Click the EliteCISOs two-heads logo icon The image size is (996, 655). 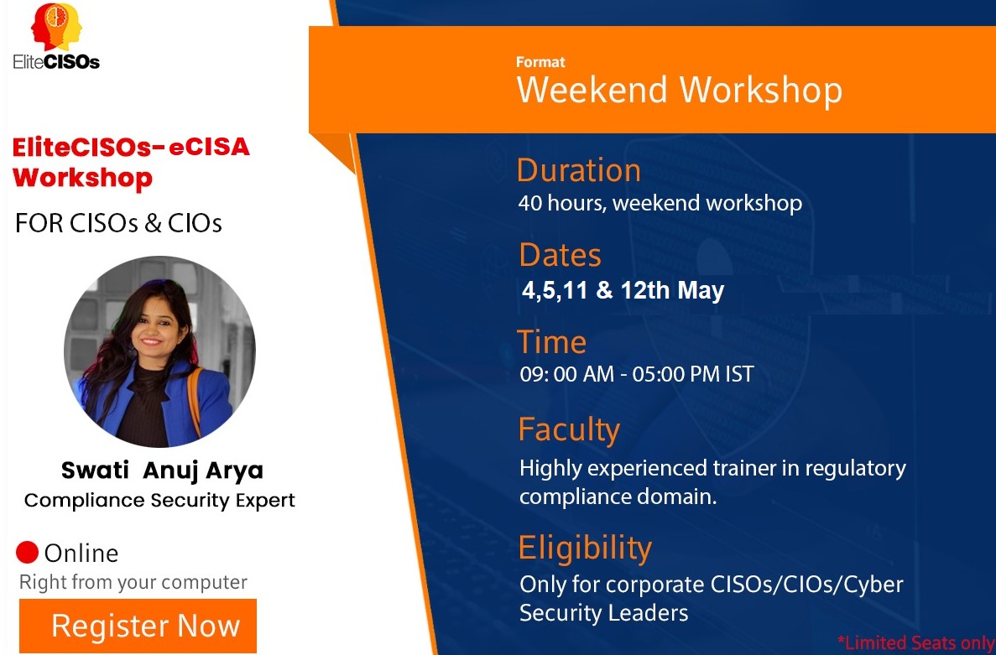pos(56,28)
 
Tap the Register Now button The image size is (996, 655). pos(138,626)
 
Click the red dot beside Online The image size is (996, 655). pos(28,552)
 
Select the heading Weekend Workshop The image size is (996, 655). pos(679,90)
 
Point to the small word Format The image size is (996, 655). pos(540,62)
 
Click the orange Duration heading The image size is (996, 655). pos(579,170)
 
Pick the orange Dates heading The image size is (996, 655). pos(561,255)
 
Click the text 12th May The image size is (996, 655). pos(672,290)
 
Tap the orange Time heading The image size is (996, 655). pos(551,342)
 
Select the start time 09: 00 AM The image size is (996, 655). pos(566,374)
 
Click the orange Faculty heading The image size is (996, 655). pos(569,429)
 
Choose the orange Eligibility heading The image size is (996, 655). pos(585,548)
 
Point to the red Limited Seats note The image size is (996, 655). pos(916,642)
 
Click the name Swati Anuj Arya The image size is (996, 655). pos(162,470)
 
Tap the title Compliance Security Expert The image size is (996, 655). pos(159,500)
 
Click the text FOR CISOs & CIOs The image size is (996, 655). pos(119,223)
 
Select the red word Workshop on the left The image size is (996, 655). pos(82,177)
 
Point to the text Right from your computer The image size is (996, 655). pos(133,582)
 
